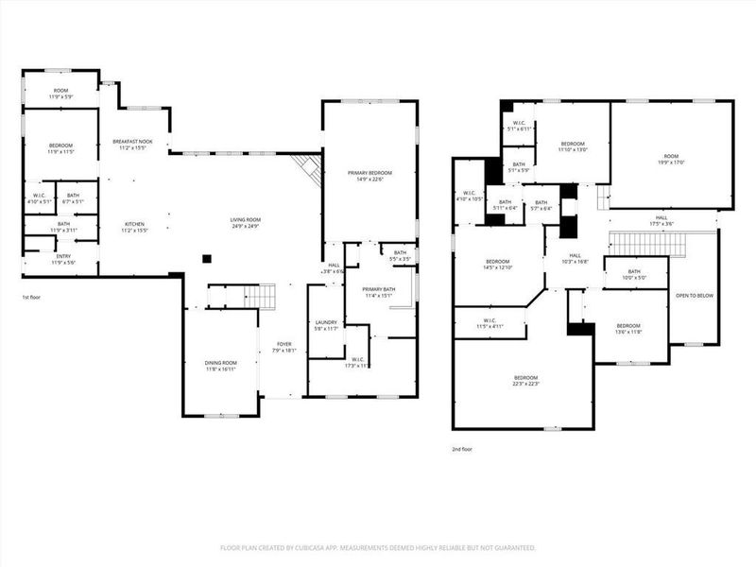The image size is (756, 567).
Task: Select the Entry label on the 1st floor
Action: tap(63, 258)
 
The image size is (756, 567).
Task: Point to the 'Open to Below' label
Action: tap(695, 296)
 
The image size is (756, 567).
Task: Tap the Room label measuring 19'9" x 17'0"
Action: tap(672, 159)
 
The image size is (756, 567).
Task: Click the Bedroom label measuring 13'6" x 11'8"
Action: tap(628, 329)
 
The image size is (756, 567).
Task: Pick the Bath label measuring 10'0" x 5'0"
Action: tap(634, 274)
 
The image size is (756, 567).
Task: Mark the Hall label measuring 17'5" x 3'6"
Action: tap(661, 220)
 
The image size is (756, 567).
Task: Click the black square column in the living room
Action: tap(206, 258)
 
